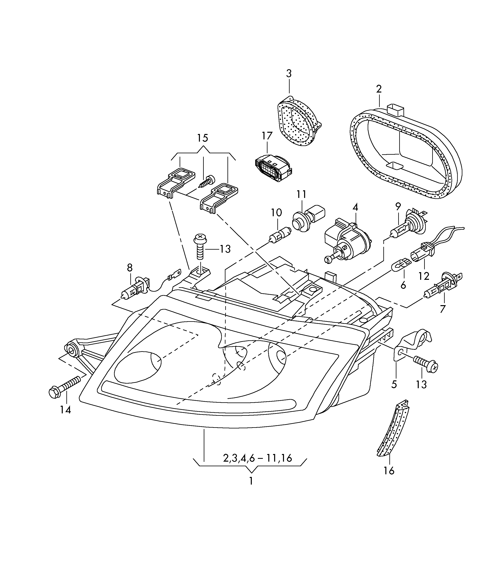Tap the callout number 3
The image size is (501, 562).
point(289,74)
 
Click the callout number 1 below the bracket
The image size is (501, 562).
point(251,481)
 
